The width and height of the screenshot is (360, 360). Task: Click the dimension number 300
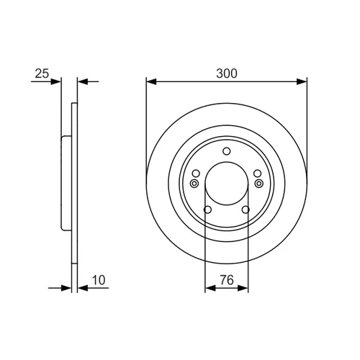(x=227, y=73)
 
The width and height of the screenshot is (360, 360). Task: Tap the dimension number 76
(x=227, y=280)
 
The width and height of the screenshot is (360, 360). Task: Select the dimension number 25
(x=42, y=73)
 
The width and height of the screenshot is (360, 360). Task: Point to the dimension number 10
(x=99, y=280)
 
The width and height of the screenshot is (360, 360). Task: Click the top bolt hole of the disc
(x=227, y=151)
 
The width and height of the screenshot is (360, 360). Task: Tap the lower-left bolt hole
(x=207, y=210)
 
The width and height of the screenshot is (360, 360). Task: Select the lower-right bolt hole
(x=246, y=210)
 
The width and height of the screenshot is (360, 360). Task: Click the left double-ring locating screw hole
(x=194, y=184)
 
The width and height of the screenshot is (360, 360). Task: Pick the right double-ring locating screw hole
(x=259, y=184)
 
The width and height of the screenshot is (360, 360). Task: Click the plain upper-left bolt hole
(x=196, y=174)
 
